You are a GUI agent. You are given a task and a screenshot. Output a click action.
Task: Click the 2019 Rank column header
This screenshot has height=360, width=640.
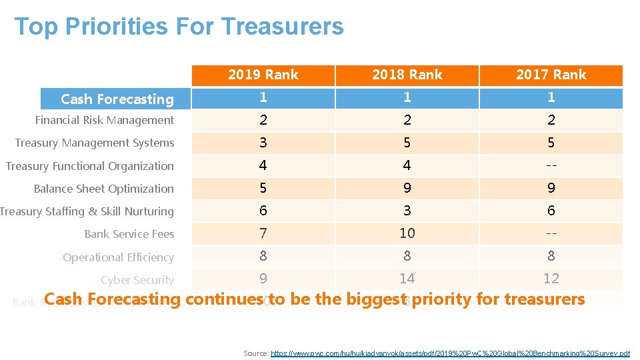[263, 75]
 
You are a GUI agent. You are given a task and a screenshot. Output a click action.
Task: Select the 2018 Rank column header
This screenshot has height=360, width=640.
[407, 75]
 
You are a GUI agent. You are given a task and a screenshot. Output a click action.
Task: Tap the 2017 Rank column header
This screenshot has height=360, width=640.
[551, 75]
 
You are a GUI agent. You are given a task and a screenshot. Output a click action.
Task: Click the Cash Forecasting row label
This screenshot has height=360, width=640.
[117, 99]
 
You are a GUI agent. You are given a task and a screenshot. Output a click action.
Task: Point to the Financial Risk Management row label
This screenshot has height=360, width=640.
[105, 121]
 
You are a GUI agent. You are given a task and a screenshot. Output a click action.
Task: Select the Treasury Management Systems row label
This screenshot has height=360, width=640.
[95, 143]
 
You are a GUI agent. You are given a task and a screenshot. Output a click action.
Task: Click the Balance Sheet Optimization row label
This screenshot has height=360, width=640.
[104, 189]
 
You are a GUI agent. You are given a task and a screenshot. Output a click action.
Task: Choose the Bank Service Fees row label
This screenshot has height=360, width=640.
[129, 234]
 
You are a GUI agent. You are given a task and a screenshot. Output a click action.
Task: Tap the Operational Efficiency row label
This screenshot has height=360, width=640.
[119, 257]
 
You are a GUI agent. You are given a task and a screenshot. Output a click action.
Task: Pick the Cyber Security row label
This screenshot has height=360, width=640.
[137, 280]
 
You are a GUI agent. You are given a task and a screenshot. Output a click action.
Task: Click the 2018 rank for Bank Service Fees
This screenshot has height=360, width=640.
[407, 233]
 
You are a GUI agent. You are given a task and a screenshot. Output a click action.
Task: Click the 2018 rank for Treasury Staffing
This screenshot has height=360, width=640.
[407, 211]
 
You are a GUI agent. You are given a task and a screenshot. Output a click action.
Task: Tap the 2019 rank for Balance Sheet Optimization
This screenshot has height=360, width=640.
[263, 188]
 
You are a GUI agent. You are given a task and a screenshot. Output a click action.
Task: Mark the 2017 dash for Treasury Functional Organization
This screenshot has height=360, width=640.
[551, 165]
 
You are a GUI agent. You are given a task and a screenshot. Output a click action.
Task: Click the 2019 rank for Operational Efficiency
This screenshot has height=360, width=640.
[263, 256]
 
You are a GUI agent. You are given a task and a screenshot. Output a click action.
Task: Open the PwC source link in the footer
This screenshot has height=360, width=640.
[450, 353]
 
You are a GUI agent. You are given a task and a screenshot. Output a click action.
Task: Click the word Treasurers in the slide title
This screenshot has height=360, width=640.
[282, 27]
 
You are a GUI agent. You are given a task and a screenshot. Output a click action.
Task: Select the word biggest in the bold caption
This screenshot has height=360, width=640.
[375, 299]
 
